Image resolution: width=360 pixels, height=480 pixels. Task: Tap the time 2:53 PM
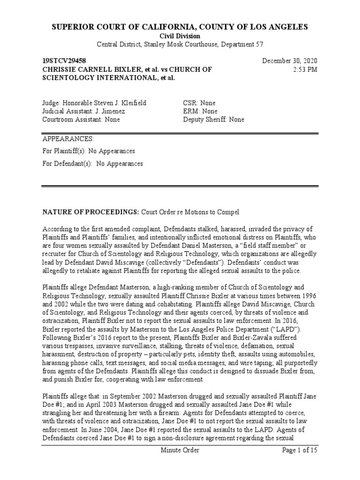tap(304, 69)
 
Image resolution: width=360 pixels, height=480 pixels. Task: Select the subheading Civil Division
tap(180, 36)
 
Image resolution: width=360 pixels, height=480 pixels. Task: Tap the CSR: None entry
tap(199, 103)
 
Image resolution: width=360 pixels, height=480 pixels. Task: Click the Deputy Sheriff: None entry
tap(214, 120)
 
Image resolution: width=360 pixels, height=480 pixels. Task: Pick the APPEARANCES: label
tap(68, 139)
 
